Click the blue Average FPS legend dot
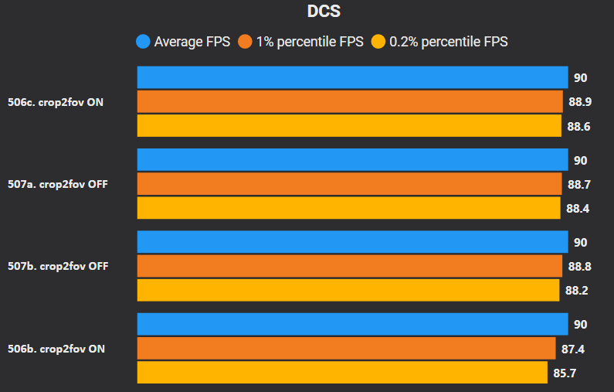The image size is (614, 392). point(143,42)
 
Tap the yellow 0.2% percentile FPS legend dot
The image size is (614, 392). point(379,42)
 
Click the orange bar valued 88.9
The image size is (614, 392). point(350,102)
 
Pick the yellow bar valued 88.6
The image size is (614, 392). point(349,126)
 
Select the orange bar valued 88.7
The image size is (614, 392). point(349,184)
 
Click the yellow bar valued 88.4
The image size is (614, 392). point(348,208)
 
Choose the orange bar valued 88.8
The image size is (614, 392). point(349,266)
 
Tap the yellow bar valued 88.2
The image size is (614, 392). point(348,290)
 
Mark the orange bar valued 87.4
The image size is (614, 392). point(346,349)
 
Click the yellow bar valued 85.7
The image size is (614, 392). point(342,372)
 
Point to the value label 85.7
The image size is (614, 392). point(565,373)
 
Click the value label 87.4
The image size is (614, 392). point(573,349)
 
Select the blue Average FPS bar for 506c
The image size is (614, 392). point(352,77)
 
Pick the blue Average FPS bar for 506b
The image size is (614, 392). point(352,324)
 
